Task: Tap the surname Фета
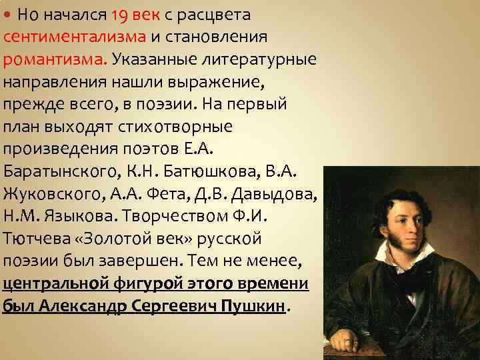click(199, 195)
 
